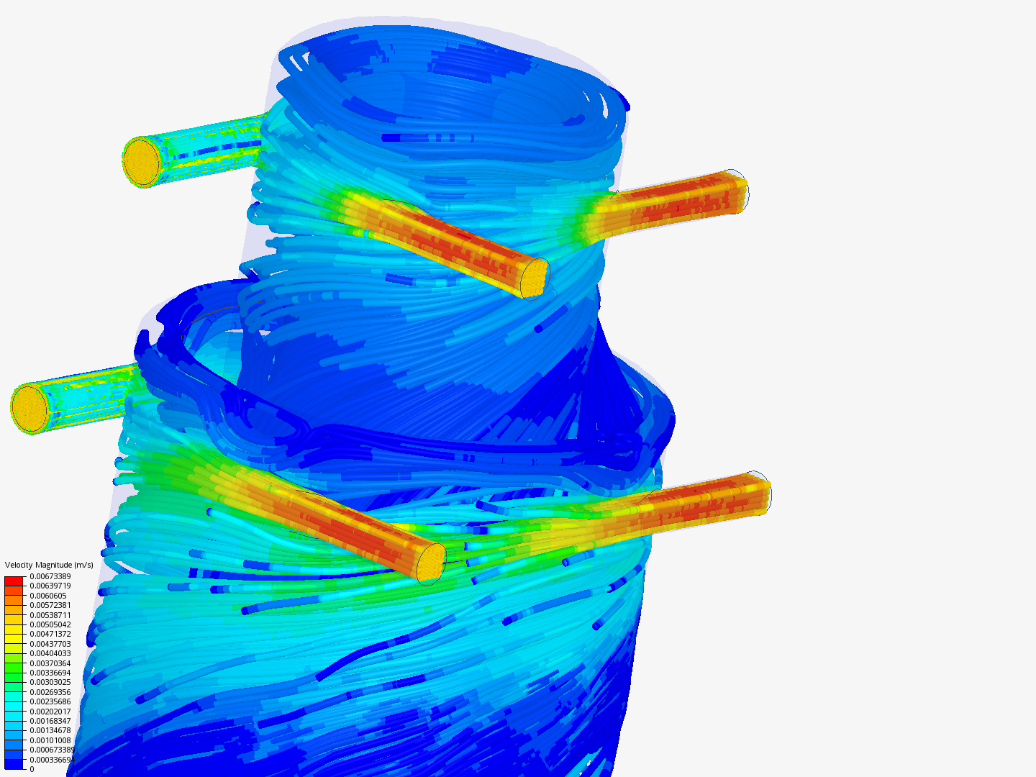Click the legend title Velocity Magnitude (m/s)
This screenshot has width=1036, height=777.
point(49,565)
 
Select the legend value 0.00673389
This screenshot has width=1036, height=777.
point(50,576)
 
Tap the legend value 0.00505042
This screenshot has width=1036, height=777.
point(50,624)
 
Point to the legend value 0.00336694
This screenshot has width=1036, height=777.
point(50,673)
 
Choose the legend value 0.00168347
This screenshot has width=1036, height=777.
point(50,721)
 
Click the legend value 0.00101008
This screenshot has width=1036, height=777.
point(50,740)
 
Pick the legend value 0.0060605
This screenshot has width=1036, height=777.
point(48,596)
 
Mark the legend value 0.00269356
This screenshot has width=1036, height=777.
point(50,692)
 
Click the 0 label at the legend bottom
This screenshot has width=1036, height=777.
point(32,769)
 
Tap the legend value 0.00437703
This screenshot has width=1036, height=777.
point(50,644)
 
